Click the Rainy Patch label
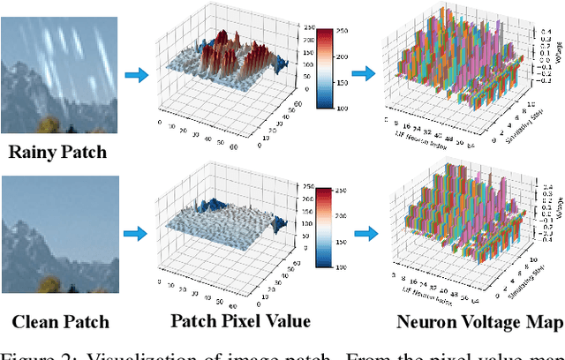pos(57,152)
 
